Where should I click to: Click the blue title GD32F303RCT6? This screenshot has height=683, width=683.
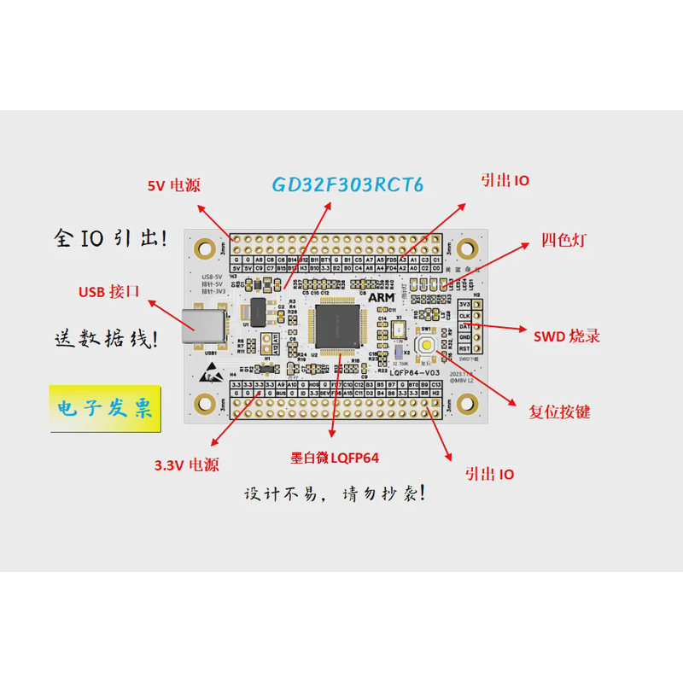pos(347,184)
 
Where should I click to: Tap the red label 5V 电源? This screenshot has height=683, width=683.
pos(173,185)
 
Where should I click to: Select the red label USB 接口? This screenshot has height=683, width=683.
pos(108,292)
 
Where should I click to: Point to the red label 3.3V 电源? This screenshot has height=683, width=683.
pos(186,465)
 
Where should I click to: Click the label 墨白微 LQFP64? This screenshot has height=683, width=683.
pos(335,458)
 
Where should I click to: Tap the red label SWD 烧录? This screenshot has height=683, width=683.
pos(567,336)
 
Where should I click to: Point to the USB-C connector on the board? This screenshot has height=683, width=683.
pos(207,326)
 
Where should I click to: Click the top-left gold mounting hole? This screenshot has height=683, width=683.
pos(204,248)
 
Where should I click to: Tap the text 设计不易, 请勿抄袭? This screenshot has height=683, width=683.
pos(334,494)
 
